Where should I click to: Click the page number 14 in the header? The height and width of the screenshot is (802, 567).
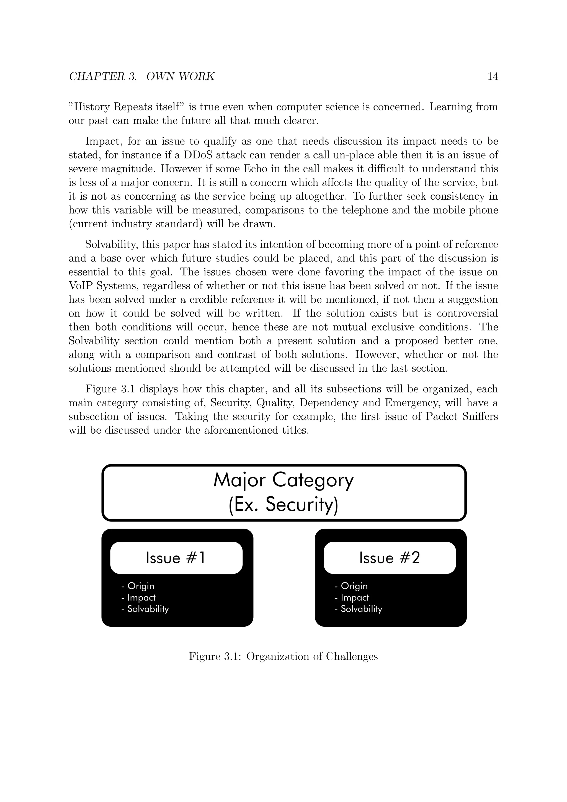(492, 76)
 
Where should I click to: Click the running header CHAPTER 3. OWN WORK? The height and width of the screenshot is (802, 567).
(142, 76)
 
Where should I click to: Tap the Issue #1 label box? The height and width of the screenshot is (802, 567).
(176, 558)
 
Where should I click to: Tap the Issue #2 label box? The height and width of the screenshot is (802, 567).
(390, 558)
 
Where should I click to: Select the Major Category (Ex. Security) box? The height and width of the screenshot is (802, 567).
(284, 492)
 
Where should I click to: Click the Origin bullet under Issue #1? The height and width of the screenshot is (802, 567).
(138, 586)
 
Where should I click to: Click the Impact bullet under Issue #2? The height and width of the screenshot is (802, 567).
(352, 598)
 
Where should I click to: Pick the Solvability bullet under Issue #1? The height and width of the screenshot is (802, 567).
(145, 609)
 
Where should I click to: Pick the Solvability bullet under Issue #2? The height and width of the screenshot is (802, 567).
(359, 609)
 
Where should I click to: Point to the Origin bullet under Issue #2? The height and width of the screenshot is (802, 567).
(351, 586)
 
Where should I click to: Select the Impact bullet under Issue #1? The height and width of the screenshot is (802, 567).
(139, 598)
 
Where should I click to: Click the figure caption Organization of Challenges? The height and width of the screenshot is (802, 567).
(283, 657)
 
